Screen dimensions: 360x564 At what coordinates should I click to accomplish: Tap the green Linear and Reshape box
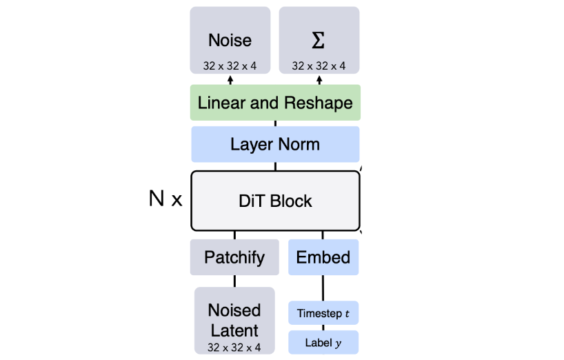coord(275,103)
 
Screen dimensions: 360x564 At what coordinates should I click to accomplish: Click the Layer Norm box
coord(275,144)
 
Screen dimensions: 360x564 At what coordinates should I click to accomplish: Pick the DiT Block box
coord(275,201)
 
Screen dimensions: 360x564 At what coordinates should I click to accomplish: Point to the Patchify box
coord(234,257)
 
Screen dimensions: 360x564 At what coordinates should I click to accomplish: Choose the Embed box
coord(323,257)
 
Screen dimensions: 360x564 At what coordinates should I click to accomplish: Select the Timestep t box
coord(323,313)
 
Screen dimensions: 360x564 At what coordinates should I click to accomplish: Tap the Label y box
coord(323,343)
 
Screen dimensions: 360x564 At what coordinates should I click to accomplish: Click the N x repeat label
coord(165,200)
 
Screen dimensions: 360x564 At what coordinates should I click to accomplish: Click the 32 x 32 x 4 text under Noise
coord(230,66)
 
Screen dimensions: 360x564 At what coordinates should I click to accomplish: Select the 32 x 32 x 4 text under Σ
coord(319,66)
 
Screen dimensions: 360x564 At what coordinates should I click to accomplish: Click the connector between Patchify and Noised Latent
coord(234,281)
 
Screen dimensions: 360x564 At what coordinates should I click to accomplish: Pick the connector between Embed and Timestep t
coord(323,288)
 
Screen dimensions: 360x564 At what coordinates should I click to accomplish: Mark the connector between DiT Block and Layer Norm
coord(275,166)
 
